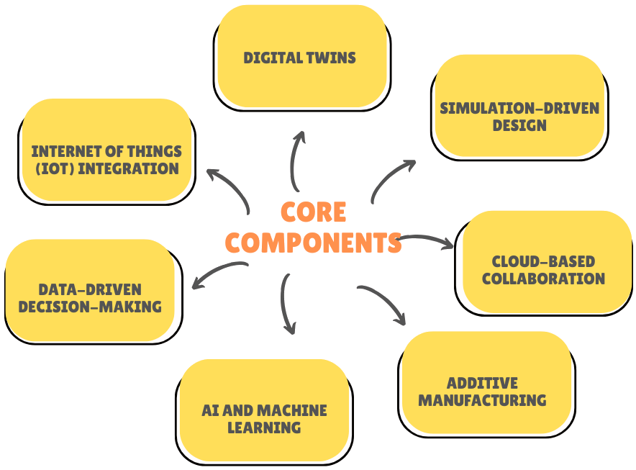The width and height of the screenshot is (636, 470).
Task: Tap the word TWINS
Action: (x=332, y=58)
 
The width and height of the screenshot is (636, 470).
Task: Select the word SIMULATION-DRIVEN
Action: (x=519, y=109)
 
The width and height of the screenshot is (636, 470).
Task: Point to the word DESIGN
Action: (x=519, y=125)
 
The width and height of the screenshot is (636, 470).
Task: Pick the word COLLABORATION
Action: (x=543, y=279)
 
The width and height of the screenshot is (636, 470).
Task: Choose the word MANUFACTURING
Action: (x=482, y=399)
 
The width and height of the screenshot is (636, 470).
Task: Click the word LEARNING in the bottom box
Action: (x=264, y=428)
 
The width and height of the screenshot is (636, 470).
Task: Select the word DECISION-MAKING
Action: (x=90, y=307)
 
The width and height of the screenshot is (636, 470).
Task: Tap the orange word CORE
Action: (x=313, y=212)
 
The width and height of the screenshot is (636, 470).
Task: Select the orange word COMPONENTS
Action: (x=313, y=243)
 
